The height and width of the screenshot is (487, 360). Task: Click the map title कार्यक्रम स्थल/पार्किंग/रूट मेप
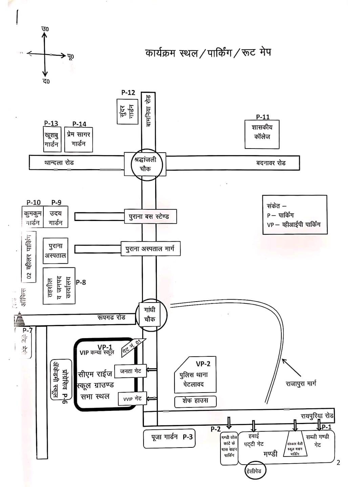coord(208,53)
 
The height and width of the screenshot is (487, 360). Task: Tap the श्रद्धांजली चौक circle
coord(147,164)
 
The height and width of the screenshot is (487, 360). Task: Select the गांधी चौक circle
coord(151,315)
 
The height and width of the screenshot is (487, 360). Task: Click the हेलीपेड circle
coord(254,470)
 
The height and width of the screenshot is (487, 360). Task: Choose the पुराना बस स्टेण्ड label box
coord(149,217)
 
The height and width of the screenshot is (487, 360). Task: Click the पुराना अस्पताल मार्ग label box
coord(150,249)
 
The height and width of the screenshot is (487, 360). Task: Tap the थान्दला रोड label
coord(59,163)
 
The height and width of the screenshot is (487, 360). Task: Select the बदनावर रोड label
coord(271,163)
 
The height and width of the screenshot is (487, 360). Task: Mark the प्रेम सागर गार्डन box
coord(79,139)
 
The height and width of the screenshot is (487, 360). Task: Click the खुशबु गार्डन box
coord(52,139)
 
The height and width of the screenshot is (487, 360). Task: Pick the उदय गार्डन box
coord(56,218)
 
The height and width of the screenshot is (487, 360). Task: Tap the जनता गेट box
coord(130,371)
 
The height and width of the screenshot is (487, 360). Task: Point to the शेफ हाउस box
coord(195,401)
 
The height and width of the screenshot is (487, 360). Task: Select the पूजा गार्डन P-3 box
coord(169,438)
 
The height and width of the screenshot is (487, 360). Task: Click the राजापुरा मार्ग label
coord(301,383)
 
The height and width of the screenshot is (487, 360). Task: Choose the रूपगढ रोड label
coord(111,317)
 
